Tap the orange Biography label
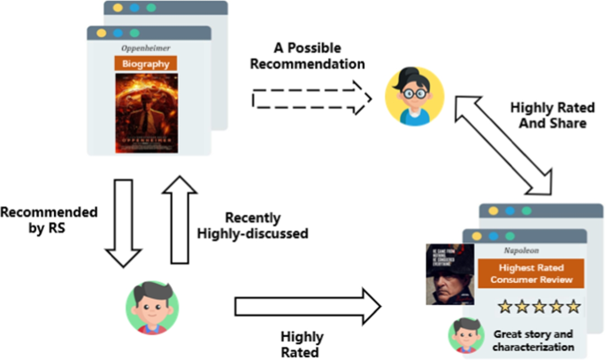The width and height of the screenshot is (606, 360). (x=147, y=64)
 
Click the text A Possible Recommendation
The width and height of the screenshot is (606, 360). (x=308, y=56)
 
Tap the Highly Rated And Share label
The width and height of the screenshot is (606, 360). (x=548, y=115)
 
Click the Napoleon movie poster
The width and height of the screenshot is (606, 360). (x=449, y=274)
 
